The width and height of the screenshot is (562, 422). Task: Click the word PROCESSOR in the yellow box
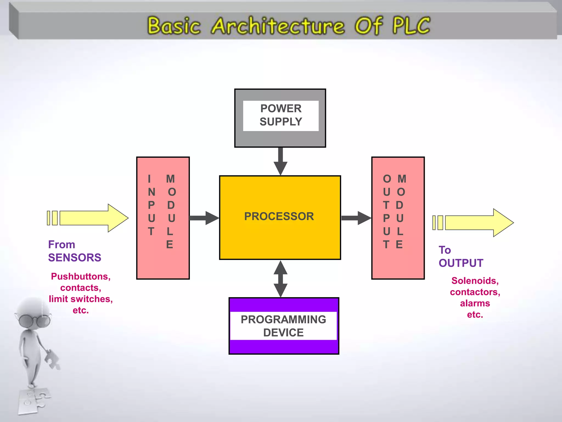pyautogui.click(x=279, y=216)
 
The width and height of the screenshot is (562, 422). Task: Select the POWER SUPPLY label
pyautogui.click(x=281, y=115)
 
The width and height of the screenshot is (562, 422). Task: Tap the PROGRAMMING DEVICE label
pyautogui.click(x=283, y=326)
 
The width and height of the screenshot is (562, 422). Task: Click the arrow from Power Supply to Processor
pyautogui.click(x=280, y=162)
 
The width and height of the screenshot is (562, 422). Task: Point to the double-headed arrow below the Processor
pyautogui.click(x=280, y=279)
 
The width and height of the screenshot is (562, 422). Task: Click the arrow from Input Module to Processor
pyautogui.click(x=204, y=218)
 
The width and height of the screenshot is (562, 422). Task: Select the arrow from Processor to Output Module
pyautogui.click(x=356, y=218)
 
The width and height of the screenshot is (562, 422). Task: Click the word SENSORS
pyautogui.click(x=75, y=258)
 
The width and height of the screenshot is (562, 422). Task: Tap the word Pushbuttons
pyautogui.click(x=81, y=276)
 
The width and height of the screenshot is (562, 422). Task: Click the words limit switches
pyautogui.click(x=81, y=299)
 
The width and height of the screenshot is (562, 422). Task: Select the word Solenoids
pyautogui.click(x=475, y=281)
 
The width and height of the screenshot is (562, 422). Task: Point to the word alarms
pyautogui.click(x=475, y=303)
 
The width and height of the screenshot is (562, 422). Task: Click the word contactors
pyautogui.click(x=475, y=292)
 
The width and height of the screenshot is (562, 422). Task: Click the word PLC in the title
pyautogui.click(x=411, y=25)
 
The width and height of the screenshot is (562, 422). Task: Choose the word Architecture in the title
pyautogui.click(x=278, y=26)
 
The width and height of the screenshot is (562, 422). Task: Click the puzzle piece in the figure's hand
pyautogui.click(x=52, y=359)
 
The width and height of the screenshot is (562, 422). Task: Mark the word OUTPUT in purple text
pyautogui.click(x=461, y=263)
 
